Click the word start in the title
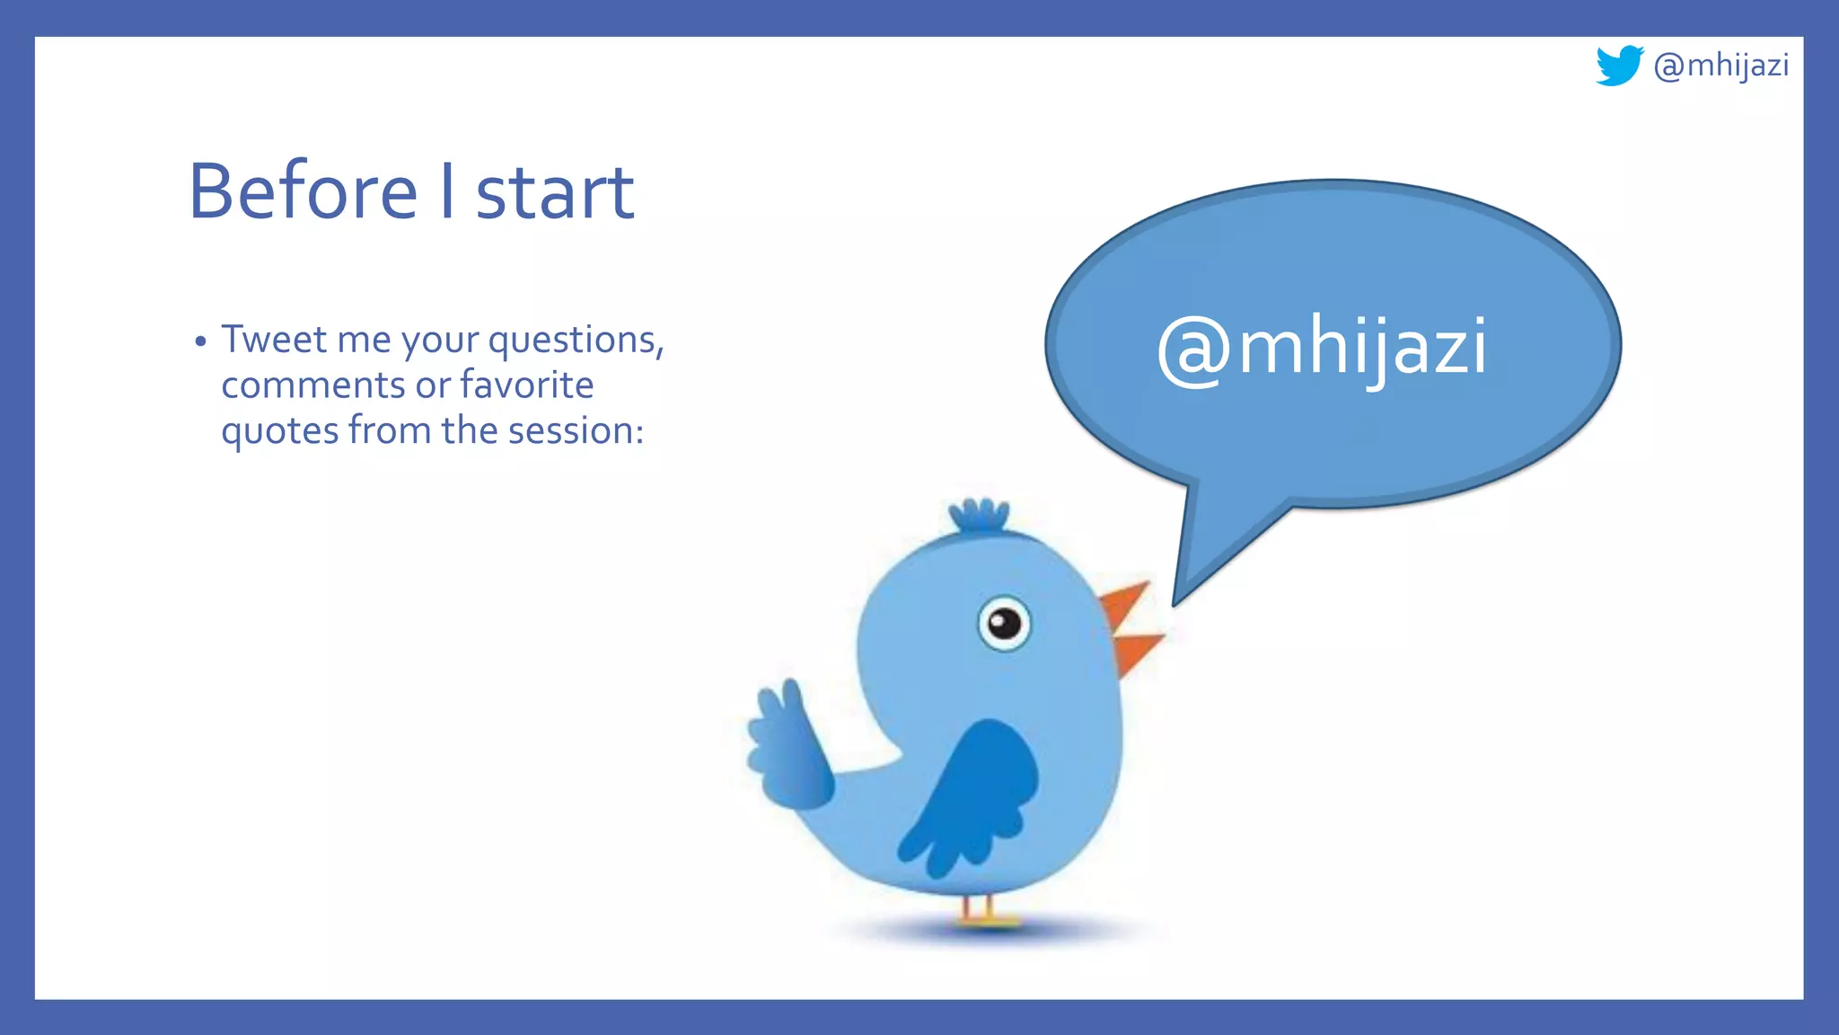point(554,194)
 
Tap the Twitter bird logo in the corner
point(1619,65)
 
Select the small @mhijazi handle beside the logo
point(1720,66)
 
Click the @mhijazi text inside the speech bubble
point(1322,349)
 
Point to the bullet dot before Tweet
point(200,341)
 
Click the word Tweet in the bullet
point(274,340)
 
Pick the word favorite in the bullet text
point(526,385)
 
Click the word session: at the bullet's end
point(576,431)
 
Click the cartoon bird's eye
point(1004,623)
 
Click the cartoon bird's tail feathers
point(786,746)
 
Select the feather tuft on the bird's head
point(980,517)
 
